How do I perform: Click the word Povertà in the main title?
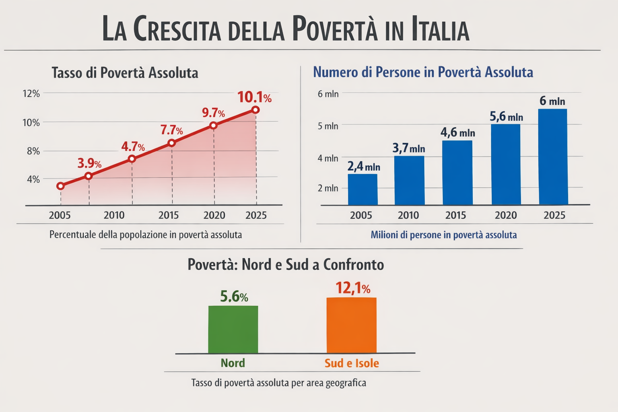335,29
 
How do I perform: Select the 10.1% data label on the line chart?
254,97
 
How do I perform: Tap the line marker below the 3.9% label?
89,176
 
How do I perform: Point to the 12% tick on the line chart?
31,94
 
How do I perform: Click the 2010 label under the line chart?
114,215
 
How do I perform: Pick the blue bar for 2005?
363,190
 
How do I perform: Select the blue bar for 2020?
506,165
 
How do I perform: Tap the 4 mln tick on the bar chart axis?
328,158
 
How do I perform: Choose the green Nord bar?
233,330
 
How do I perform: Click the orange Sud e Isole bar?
351,325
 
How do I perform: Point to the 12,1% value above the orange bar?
353,288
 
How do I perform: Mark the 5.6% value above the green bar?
234,297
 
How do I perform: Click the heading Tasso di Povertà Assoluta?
125,73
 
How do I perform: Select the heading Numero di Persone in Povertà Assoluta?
423,72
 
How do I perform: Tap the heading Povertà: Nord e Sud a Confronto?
286,264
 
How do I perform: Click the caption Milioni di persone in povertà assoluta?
444,235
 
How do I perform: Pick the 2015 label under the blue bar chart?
455,215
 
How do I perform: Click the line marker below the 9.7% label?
214,126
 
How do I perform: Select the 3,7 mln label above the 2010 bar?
408,148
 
